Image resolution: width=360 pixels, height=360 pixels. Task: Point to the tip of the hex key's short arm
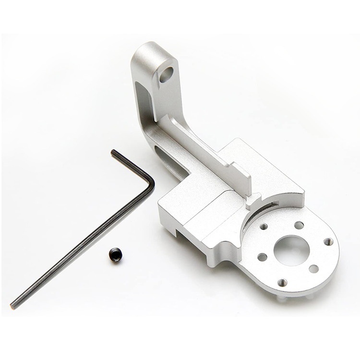[x=113, y=152]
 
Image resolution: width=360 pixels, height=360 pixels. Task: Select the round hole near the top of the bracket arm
[x=166, y=74]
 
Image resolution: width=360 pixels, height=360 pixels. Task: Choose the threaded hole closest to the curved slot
[x=264, y=226]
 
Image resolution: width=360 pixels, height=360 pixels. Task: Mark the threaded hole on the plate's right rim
[x=328, y=241]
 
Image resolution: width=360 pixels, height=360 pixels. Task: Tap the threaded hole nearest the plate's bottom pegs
[x=283, y=282]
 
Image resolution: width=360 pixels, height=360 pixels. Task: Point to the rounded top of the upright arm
[x=149, y=48]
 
